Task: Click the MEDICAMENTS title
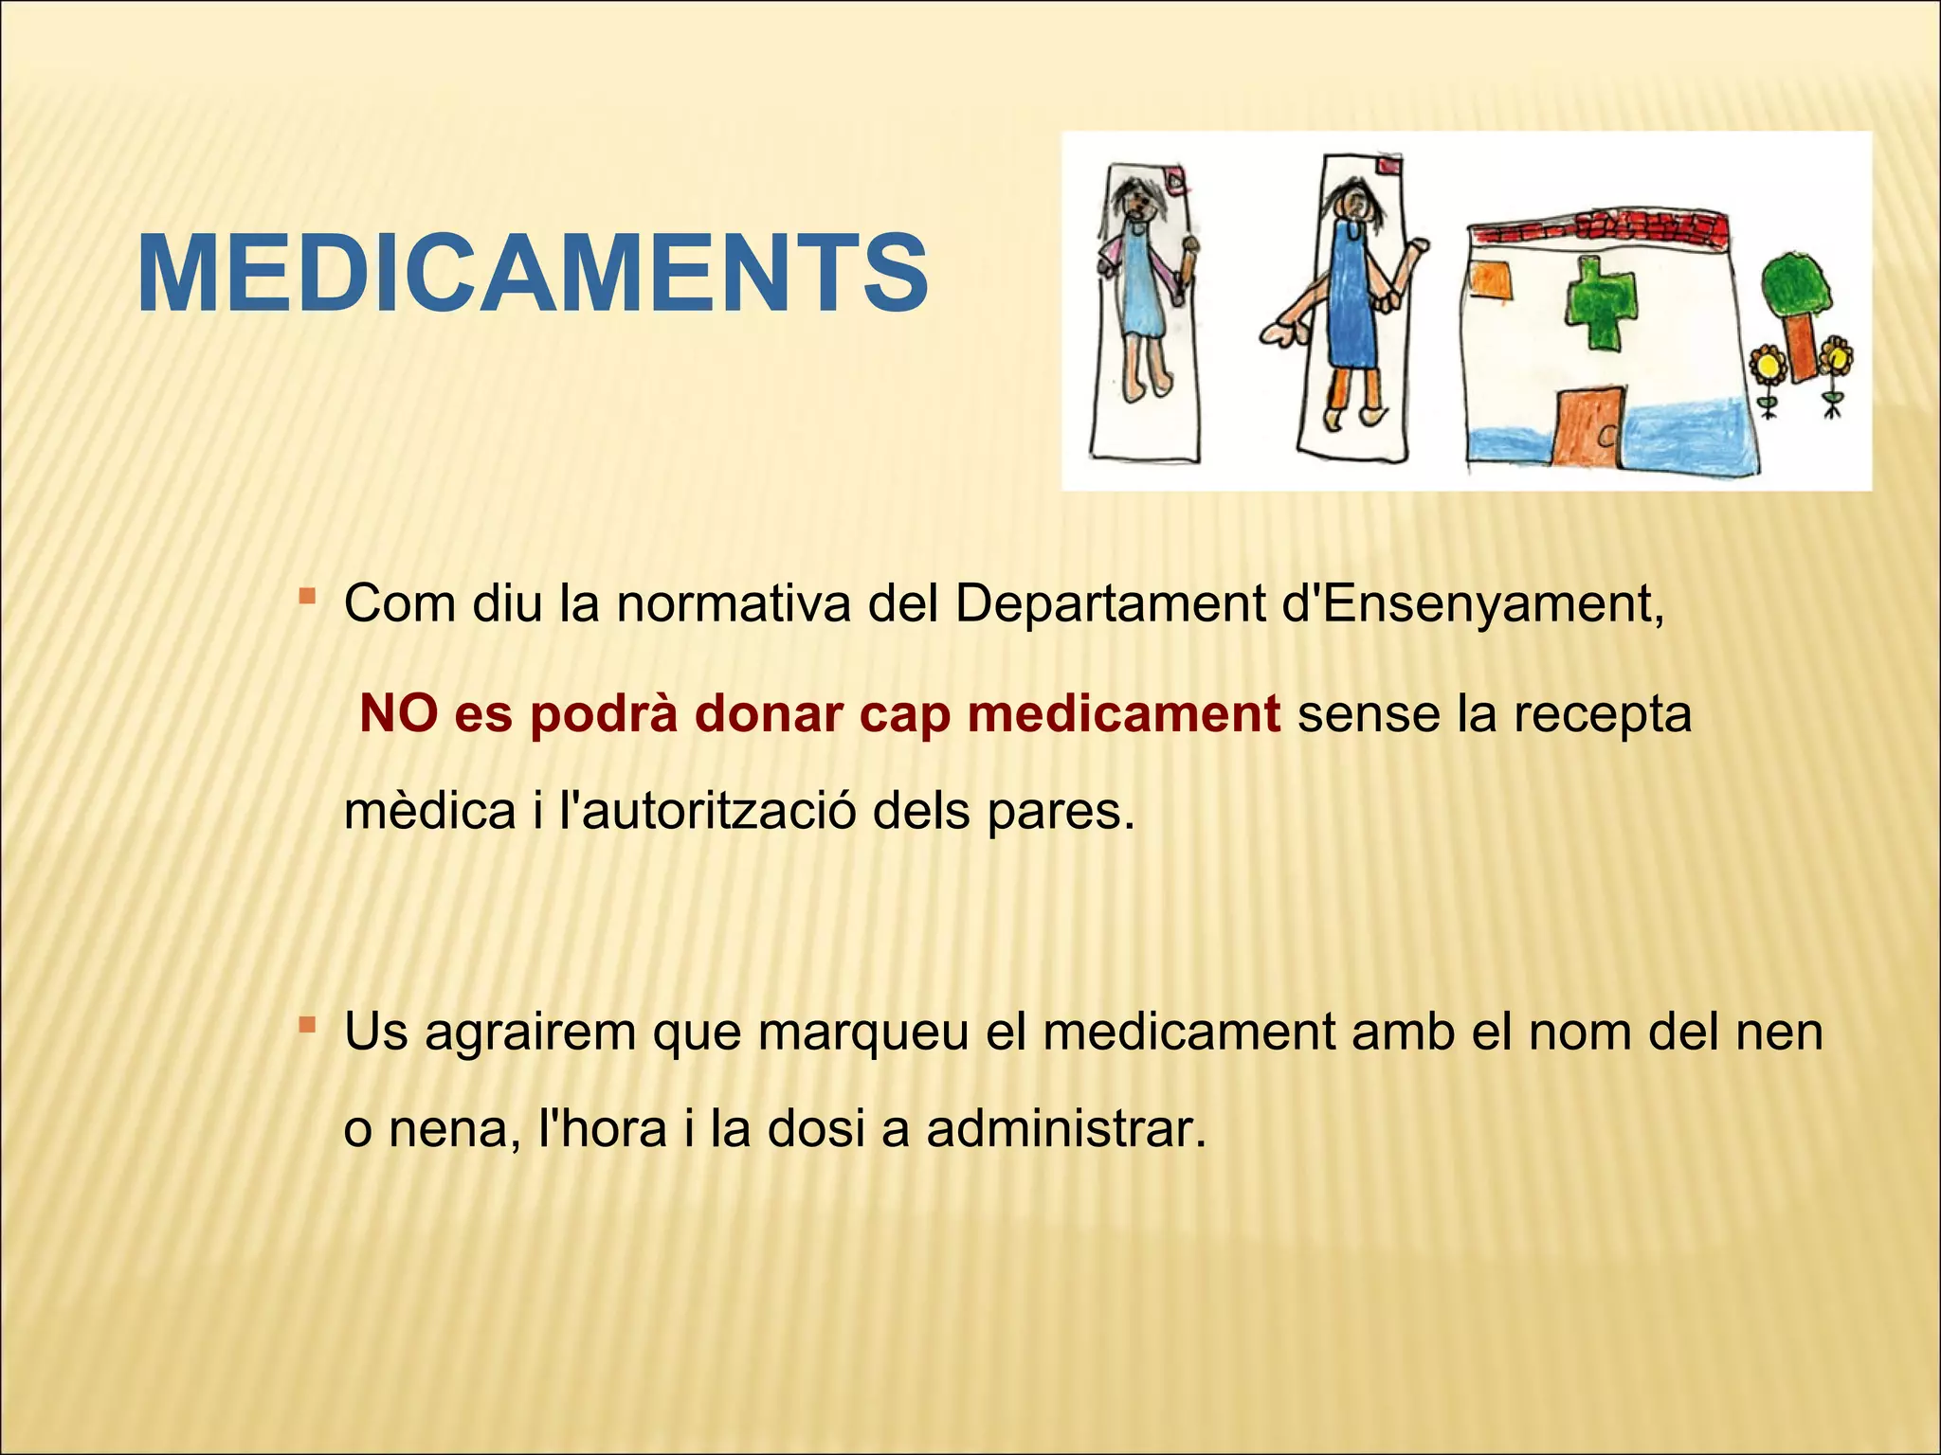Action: [x=533, y=274]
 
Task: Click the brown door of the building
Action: [x=1589, y=423]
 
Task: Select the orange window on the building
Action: [x=1490, y=281]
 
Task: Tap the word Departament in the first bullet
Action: [x=1111, y=603]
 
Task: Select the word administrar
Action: [x=1066, y=1128]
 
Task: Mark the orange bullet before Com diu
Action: [x=306, y=596]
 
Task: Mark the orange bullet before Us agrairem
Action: [x=306, y=1025]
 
